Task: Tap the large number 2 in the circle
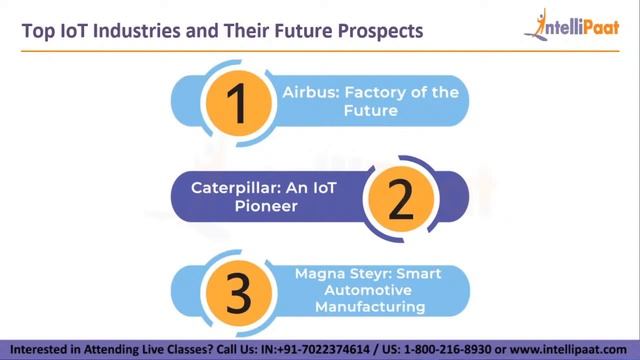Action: (x=399, y=198)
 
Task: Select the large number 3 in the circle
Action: (x=238, y=290)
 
